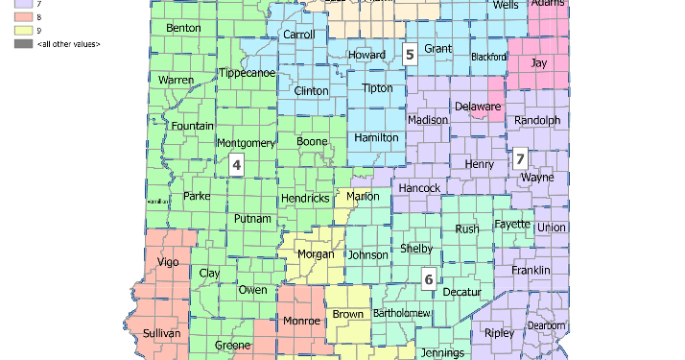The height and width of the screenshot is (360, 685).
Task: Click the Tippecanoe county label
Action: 247,73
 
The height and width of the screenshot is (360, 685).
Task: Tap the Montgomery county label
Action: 247,143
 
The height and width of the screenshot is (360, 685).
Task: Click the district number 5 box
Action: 410,55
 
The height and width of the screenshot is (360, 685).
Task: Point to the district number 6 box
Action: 429,280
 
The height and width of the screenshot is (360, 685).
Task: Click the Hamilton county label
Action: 376,138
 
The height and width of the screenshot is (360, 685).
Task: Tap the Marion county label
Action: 363,196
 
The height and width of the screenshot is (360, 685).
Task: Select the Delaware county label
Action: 477,106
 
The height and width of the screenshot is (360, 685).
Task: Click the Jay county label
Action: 539,62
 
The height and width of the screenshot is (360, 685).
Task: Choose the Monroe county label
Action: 302,321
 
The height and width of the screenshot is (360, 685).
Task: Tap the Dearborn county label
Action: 547,325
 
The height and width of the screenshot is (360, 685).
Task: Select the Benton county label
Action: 183,29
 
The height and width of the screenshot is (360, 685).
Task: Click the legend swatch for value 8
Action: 22,17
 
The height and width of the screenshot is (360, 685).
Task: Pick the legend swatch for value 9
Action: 22,31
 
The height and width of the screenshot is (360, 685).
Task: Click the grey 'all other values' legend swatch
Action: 22,44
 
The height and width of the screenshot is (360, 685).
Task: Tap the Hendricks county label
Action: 305,199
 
